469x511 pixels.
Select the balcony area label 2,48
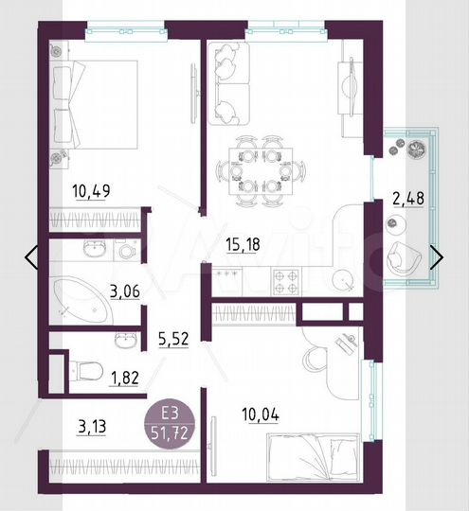pos(408,199)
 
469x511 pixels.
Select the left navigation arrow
pos(31,255)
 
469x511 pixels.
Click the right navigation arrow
pos(438,255)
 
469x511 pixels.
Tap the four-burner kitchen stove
pos(286,279)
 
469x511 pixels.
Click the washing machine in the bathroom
pos(126,250)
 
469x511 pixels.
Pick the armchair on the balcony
pos(407,255)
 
